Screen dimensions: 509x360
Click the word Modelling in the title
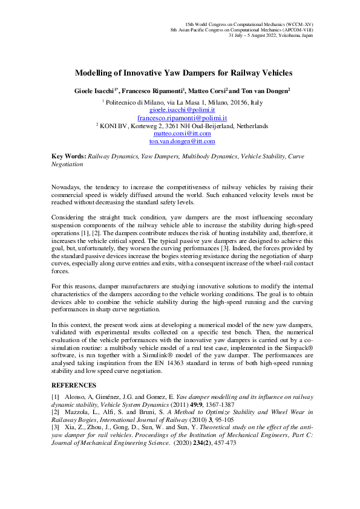[x=93, y=73]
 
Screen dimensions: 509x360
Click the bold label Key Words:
[x=68, y=156]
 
